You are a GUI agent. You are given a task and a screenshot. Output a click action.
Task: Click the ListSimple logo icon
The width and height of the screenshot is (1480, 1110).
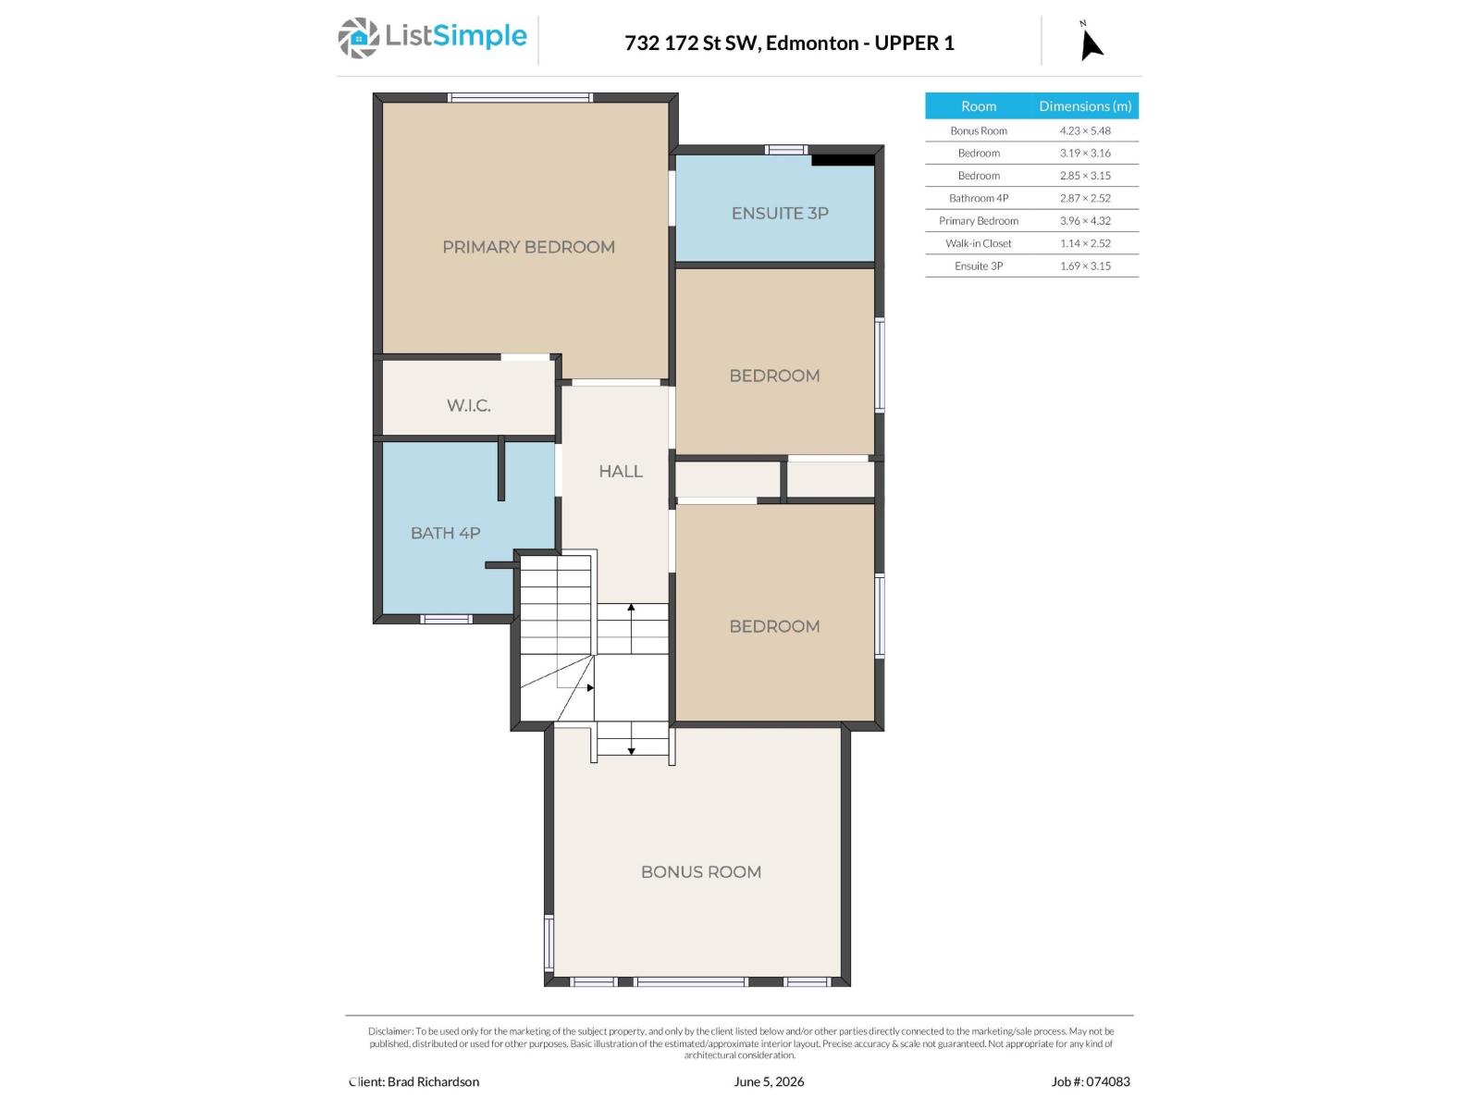pyautogui.click(x=358, y=39)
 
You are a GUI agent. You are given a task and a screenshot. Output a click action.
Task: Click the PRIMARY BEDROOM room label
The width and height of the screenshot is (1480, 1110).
pyautogui.click(x=528, y=247)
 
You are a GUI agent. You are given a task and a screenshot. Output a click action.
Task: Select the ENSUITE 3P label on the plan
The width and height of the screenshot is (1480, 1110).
pyautogui.click(x=780, y=213)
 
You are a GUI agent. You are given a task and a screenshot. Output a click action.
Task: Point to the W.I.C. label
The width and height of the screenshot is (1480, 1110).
pyautogui.click(x=469, y=406)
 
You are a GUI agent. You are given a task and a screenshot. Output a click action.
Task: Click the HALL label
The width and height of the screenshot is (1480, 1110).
pyautogui.click(x=621, y=471)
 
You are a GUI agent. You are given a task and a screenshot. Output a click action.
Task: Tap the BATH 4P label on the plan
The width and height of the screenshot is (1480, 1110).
pyautogui.click(x=446, y=533)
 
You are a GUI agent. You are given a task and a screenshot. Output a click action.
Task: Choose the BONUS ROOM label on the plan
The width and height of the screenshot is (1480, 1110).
pyautogui.click(x=701, y=872)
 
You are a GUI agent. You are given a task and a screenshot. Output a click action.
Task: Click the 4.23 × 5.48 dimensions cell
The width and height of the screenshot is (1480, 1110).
pyautogui.click(x=1085, y=130)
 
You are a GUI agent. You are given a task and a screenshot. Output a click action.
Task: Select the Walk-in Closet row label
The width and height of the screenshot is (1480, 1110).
pyautogui.click(x=979, y=243)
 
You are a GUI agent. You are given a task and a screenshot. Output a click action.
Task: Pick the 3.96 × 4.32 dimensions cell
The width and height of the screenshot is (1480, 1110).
pyautogui.click(x=1085, y=220)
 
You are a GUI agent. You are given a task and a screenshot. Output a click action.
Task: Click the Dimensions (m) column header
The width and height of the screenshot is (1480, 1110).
pyautogui.click(x=1085, y=105)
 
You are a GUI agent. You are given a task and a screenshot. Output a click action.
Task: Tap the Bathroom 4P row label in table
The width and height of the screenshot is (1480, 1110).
pyautogui.click(x=979, y=198)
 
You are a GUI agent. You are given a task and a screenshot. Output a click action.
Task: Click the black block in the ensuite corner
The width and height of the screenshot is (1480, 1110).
pyautogui.click(x=843, y=160)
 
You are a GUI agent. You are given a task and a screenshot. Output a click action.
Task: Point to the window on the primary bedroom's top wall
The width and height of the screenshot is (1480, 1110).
pyautogui.click(x=521, y=98)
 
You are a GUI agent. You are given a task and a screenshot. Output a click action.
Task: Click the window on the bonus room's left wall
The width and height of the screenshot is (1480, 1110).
pyautogui.click(x=549, y=943)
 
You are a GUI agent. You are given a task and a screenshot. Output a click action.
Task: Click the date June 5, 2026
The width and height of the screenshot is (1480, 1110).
pyautogui.click(x=769, y=1081)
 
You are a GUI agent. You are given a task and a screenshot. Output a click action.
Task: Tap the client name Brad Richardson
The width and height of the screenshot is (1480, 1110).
pyautogui.click(x=443, y=1081)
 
